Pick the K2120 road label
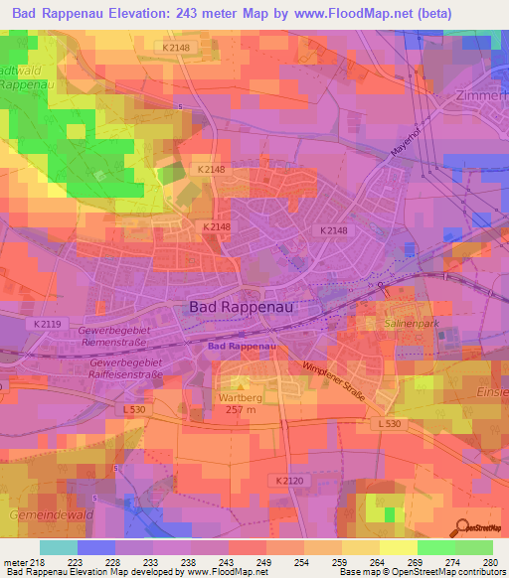point(286,479)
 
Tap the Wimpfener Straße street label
point(333,383)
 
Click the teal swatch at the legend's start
point(59,547)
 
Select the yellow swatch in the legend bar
point(398,547)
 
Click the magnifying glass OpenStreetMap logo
point(460,526)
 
